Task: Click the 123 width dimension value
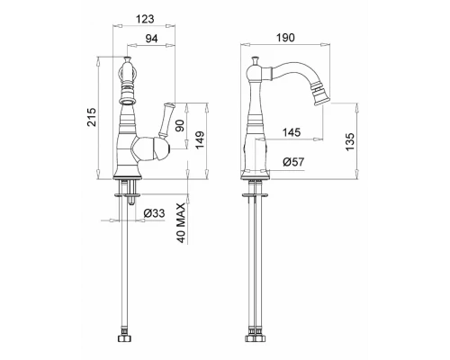[x=145, y=19]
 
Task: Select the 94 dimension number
[x=151, y=39]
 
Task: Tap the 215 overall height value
[x=92, y=117]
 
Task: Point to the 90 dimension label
[x=180, y=126]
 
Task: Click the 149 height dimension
[x=200, y=139]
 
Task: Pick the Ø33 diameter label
[x=154, y=213]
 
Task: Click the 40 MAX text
[x=181, y=223]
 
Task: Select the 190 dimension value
[x=285, y=38]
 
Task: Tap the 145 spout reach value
[x=291, y=132]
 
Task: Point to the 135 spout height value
[x=350, y=141]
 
